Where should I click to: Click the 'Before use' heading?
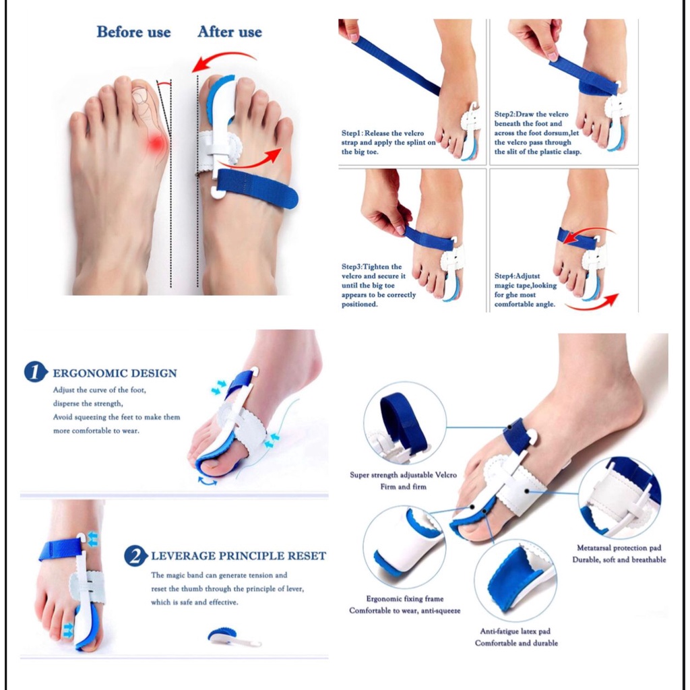click(133, 32)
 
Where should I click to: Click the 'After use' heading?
click(230, 32)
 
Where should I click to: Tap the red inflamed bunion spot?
click(156, 144)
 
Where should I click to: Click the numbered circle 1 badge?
click(35, 372)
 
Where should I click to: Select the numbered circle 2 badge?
click(135, 555)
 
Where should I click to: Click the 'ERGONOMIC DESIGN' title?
click(115, 373)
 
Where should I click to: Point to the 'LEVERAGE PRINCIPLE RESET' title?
click(239, 556)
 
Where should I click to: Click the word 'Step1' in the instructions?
click(351, 133)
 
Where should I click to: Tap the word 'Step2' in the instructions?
click(504, 114)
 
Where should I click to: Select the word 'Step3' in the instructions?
click(352, 266)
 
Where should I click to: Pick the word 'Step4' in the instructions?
click(504, 276)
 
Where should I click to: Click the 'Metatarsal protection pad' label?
click(619, 548)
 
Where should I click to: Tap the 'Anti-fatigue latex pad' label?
click(515, 631)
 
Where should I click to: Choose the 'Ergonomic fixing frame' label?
click(405, 598)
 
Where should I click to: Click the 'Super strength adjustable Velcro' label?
click(403, 475)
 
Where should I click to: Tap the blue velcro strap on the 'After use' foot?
click(257, 188)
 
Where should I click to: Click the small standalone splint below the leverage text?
click(234, 637)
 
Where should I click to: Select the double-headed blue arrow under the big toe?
click(207, 481)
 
